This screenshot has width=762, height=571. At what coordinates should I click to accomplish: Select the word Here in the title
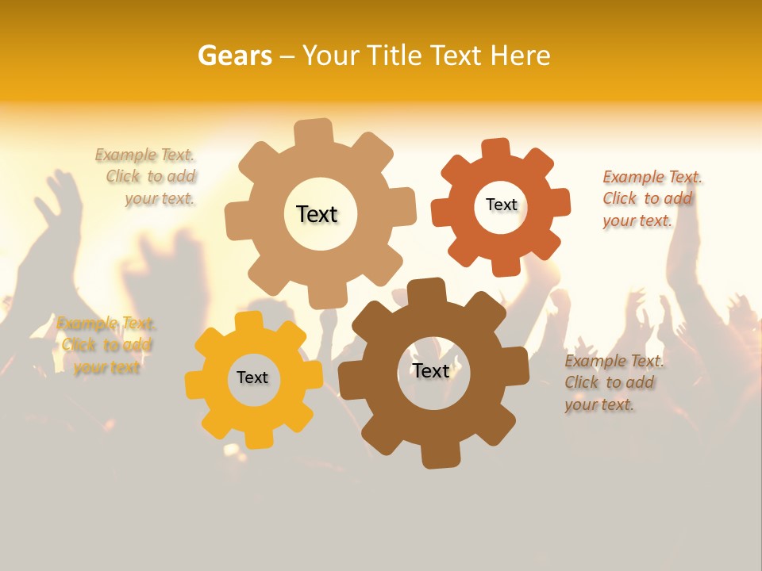[521, 56]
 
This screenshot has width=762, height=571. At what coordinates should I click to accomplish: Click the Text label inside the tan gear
[317, 214]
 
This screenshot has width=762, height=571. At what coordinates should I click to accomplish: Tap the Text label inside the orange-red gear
[501, 205]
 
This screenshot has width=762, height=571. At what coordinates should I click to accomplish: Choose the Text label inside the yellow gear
[252, 377]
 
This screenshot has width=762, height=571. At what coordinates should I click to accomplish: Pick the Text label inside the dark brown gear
[431, 370]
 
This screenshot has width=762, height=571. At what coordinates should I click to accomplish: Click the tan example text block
[151, 177]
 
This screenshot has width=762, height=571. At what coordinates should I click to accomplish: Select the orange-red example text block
[650, 198]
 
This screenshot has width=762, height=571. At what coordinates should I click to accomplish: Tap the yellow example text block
[106, 345]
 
